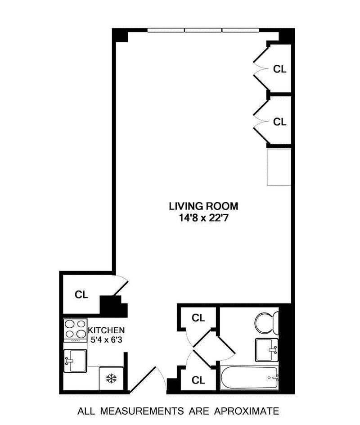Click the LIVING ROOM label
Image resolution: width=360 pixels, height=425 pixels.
click(203, 206)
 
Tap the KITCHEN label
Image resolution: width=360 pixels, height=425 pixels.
click(107, 330)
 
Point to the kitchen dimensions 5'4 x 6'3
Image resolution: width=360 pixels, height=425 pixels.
click(106, 339)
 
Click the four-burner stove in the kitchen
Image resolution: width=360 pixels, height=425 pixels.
click(75, 330)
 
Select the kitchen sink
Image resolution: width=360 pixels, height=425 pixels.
click(75, 361)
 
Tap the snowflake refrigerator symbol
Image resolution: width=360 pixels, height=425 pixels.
click(111, 378)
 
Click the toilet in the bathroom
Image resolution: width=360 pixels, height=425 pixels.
click(267, 324)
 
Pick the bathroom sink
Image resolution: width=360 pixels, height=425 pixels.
click(267, 350)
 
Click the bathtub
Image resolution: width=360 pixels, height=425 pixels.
click(249, 378)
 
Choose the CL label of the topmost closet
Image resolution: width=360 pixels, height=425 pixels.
click(279, 69)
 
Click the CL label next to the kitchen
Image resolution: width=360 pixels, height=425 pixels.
click(81, 294)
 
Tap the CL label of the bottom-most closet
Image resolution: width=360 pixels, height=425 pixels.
click(198, 380)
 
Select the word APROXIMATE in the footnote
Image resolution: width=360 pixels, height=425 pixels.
click(247, 411)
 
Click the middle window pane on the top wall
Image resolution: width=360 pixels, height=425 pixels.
click(203, 30)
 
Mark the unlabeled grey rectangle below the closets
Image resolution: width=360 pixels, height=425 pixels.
click(279, 167)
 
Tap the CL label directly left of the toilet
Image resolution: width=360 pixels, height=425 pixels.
click(198, 318)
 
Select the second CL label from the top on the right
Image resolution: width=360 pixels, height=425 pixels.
click(279, 122)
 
